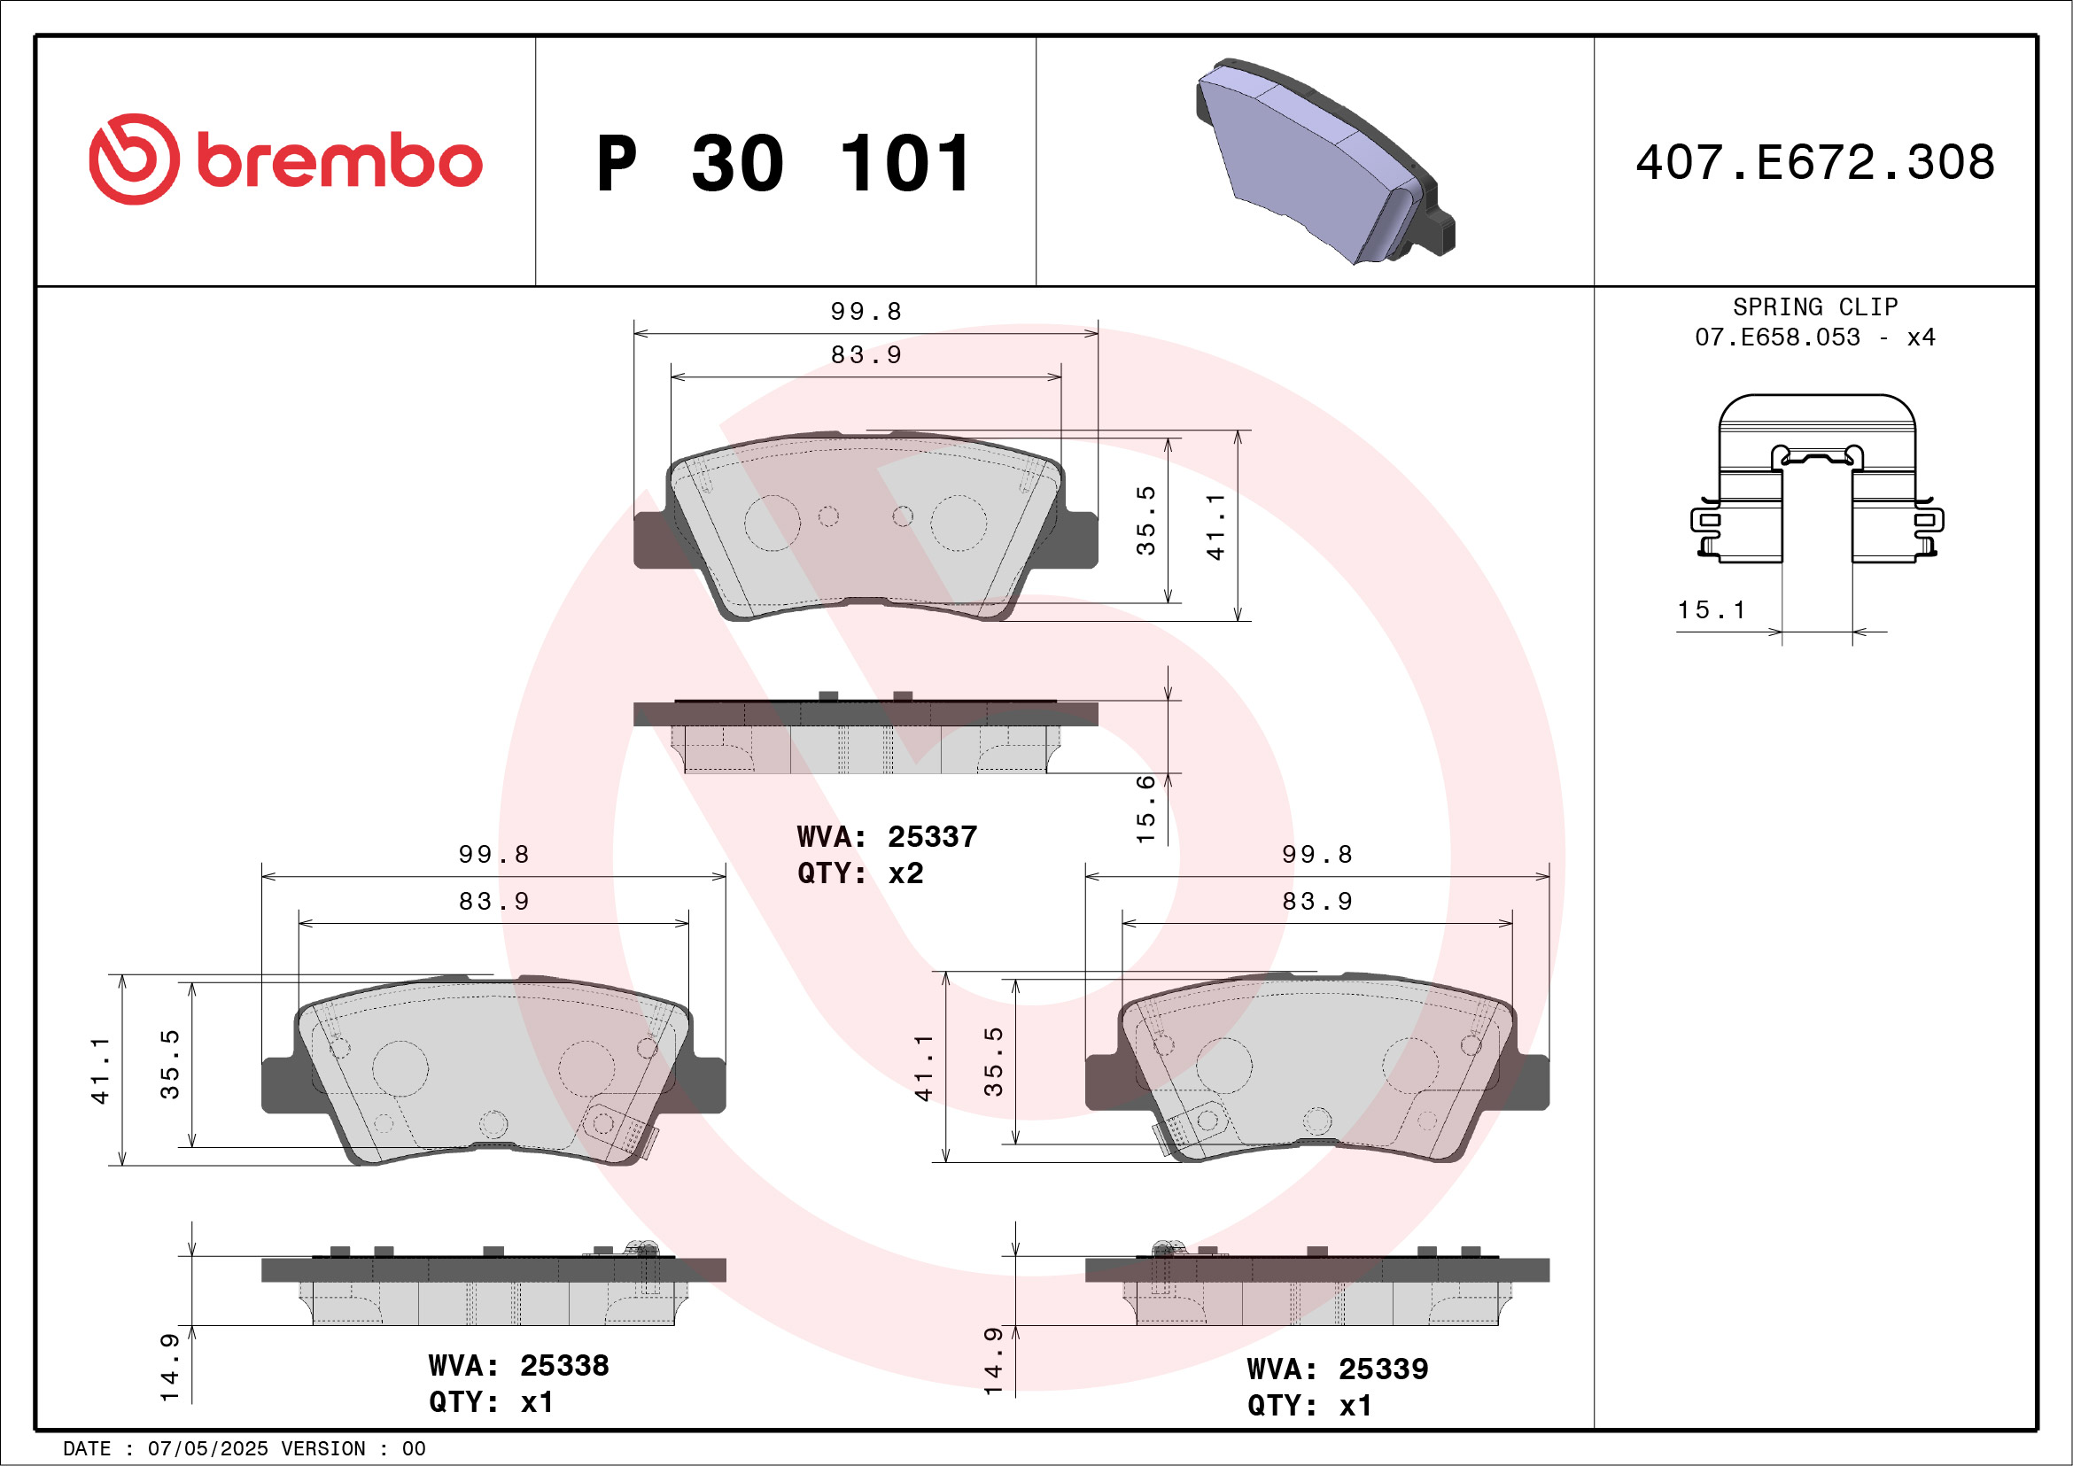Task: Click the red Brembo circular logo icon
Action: pos(134,159)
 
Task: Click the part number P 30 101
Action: pos(784,163)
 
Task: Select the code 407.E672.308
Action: pos(1815,162)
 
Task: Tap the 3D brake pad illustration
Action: pos(1324,160)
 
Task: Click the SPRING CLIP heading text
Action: pos(1815,306)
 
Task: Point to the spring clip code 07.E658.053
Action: pos(1777,337)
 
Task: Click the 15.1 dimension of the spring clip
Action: pos(1711,610)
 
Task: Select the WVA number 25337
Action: pos(932,837)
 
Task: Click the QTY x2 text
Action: pos(859,873)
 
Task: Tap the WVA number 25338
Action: pos(563,1366)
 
